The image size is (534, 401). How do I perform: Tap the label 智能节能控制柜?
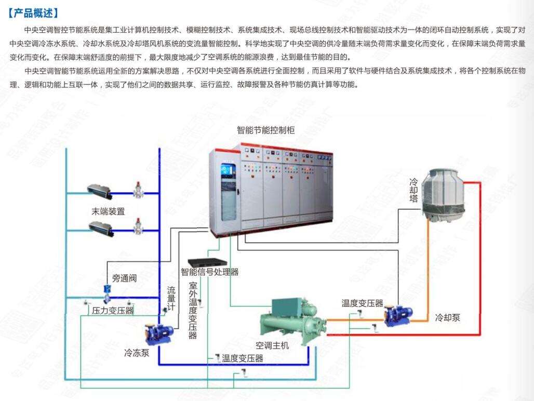(265, 130)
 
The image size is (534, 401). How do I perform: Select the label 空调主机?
(272, 345)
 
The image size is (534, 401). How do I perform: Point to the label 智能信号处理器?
(209, 272)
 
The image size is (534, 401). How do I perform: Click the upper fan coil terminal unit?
(99, 191)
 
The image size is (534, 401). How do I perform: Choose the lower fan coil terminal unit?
(99, 226)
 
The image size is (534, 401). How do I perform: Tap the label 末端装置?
(108, 211)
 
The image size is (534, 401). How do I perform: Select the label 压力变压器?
(113, 311)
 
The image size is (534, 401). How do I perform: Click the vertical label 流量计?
(171, 299)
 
